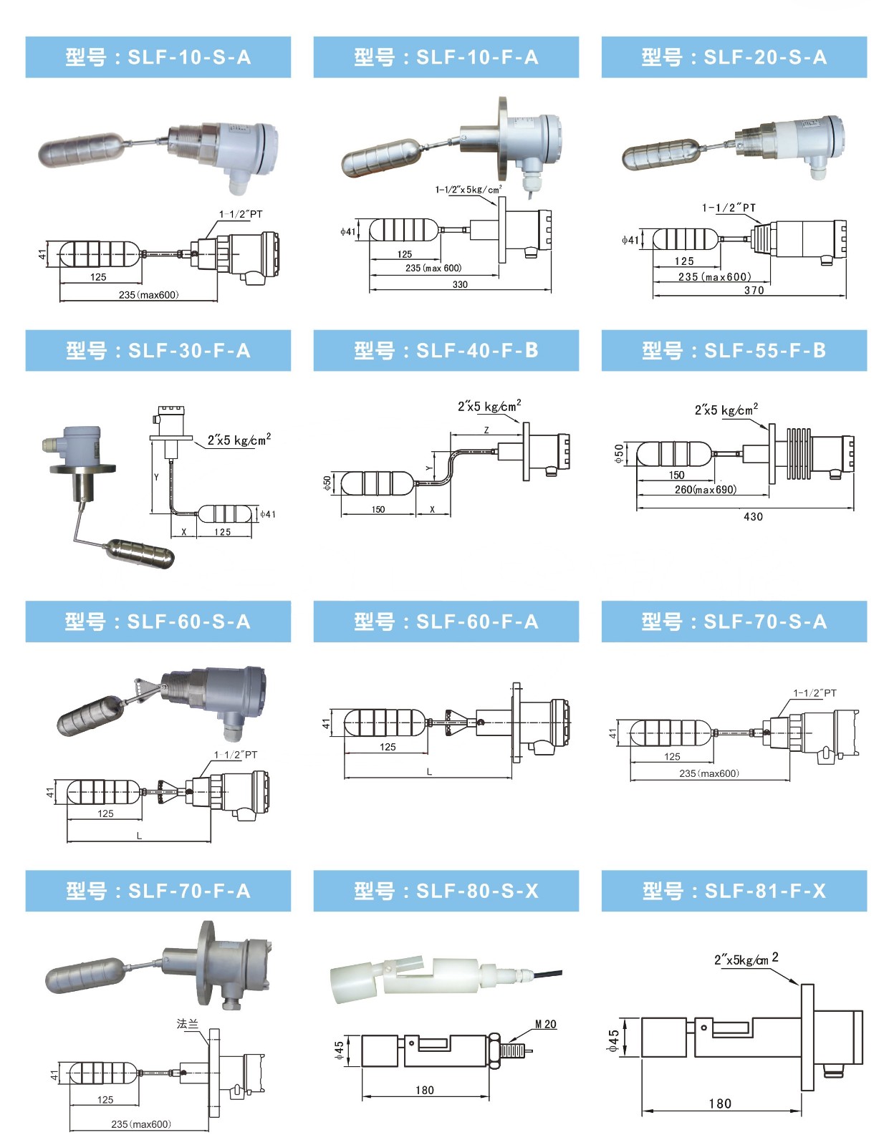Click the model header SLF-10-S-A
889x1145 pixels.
(158, 57)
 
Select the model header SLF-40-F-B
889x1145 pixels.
(446, 351)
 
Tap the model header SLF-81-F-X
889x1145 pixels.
(734, 891)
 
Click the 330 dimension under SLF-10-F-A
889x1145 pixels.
(460, 284)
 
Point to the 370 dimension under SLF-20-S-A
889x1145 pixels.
(754, 290)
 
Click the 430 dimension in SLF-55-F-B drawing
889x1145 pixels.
(753, 516)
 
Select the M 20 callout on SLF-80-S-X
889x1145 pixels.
(545, 1024)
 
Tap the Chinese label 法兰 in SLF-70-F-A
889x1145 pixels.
(187, 1024)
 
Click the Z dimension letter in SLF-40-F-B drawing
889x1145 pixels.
(486, 430)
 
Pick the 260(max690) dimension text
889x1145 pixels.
(705, 490)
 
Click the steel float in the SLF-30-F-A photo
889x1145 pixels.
(140, 553)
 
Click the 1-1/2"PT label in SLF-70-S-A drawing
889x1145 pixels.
(814, 693)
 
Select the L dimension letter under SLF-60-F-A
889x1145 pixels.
(429, 772)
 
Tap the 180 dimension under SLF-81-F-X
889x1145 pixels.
(720, 1103)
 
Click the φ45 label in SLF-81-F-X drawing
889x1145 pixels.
(613, 1040)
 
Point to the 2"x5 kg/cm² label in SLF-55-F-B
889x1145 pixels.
(726, 410)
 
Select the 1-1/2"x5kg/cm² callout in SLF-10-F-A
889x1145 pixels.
(468, 190)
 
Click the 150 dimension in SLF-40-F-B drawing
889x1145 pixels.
(378, 510)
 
